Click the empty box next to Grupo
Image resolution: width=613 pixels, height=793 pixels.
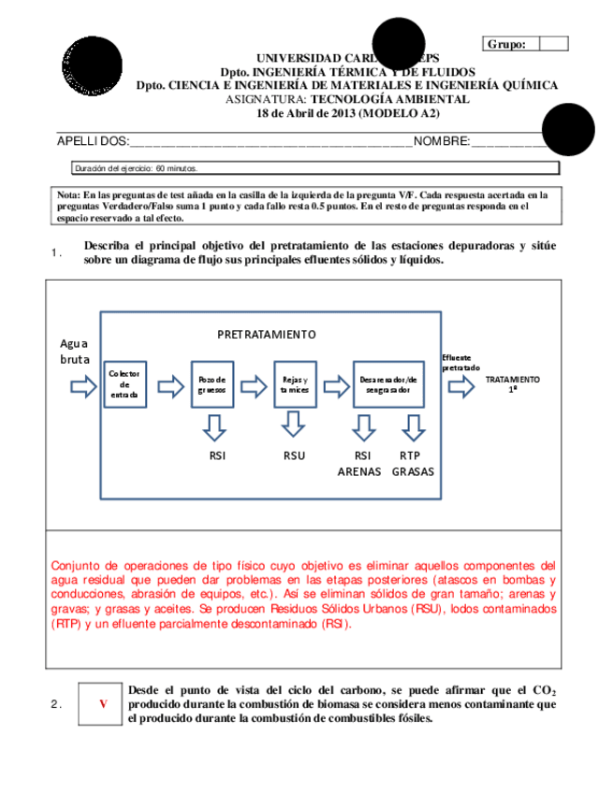554,43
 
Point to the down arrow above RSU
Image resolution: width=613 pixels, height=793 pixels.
294,426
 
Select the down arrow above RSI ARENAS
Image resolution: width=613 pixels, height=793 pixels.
364,426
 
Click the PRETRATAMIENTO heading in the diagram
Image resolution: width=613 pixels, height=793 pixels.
267,334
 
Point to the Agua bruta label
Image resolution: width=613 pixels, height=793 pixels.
75,351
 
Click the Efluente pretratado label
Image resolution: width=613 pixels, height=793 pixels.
460,363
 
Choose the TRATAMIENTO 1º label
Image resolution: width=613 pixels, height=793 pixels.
513,383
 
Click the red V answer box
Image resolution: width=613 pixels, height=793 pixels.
102,703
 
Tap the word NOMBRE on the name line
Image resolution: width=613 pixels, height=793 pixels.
441,141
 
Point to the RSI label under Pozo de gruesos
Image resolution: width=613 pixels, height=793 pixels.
216,456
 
